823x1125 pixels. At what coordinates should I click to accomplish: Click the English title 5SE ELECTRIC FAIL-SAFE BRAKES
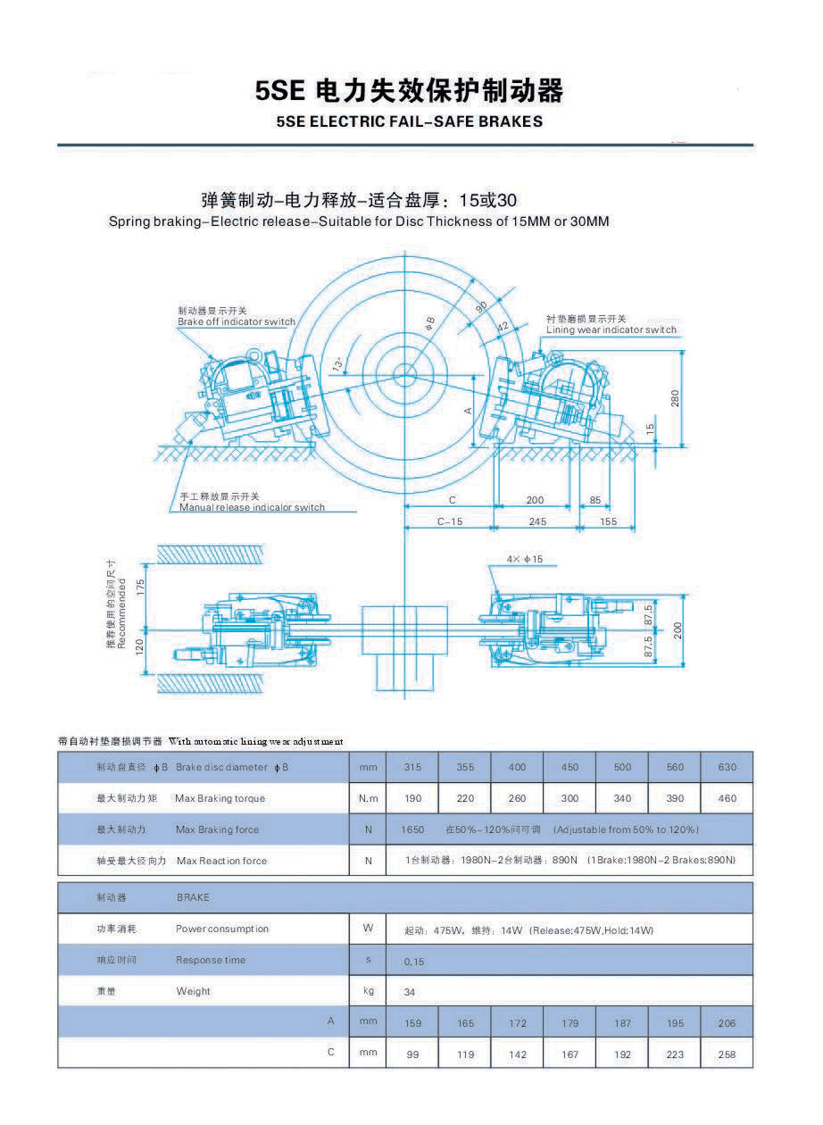click(x=410, y=121)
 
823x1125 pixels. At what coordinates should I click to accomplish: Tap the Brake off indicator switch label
click(x=236, y=321)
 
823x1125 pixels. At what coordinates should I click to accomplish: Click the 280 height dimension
click(x=675, y=396)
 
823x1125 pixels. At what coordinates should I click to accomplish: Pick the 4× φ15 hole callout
click(x=524, y=559)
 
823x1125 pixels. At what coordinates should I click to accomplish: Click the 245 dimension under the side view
click(x=536, y=521)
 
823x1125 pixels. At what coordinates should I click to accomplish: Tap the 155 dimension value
click(x=608, y=521)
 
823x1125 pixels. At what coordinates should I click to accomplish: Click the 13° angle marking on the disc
click(x=337, y=365)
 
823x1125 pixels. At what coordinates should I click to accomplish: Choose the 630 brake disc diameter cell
click(x=727, y=767)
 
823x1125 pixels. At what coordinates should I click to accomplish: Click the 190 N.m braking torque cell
click(x=412, y=798)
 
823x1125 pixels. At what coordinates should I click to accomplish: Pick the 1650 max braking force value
click(x=412, y=829)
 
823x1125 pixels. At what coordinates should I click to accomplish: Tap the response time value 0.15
click(x=413, y=962)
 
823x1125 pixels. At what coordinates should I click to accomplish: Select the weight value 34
click(x=410, y=992)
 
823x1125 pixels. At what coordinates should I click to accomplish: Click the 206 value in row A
click(x=727, y=1023)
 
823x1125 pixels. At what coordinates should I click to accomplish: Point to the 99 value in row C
click(x=412, y=1054)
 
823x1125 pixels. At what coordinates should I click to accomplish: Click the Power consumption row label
click(x=221, y=929)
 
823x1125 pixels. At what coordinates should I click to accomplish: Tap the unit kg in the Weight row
click(x=368, y=991)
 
